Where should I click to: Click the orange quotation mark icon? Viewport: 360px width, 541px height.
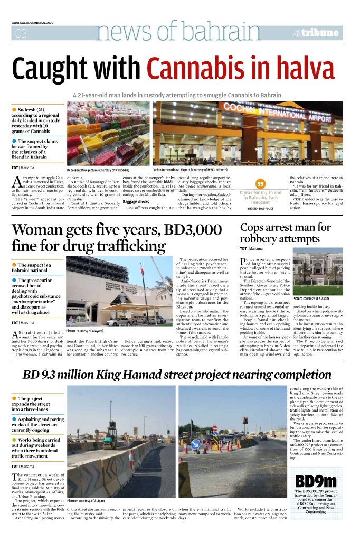tap(260, 183)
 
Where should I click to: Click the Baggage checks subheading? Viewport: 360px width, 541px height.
tap(136, 202)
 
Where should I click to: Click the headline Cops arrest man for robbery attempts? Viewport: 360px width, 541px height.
tap(285, 233)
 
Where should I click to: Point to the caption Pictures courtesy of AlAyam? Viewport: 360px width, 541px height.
tap(86, 500)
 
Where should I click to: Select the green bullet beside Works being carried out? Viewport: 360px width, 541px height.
tap(14, 439)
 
